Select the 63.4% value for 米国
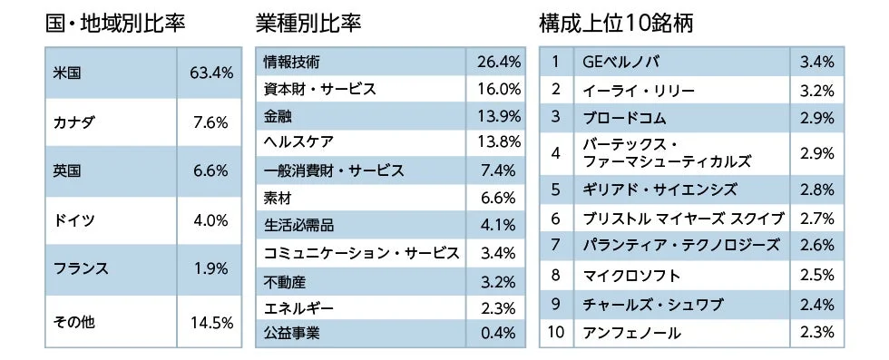click(x=210, y=73)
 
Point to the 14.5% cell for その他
click(x=210, y=322)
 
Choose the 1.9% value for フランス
click(x=210, y=269)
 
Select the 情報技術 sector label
click(x=291, y=63)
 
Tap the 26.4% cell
click(x=498, y=63)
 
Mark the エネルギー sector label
click(x=298, y=306)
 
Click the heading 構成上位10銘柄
click(x=615, y=23)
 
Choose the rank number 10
click(x=556, y=333)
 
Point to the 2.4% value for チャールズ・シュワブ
click(x=817, y=303)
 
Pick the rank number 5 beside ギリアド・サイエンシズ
click(x=556, y=190)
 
